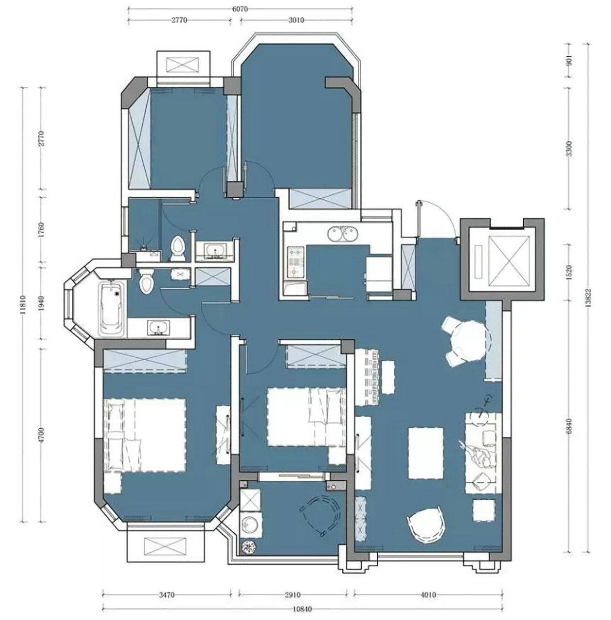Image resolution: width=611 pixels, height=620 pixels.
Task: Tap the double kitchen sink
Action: point(342,234)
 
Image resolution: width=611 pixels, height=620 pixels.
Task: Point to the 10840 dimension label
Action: point(302,609)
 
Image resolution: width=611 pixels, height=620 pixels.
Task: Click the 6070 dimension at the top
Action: point(240,9)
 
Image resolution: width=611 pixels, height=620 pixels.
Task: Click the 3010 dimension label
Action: point(296,20)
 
